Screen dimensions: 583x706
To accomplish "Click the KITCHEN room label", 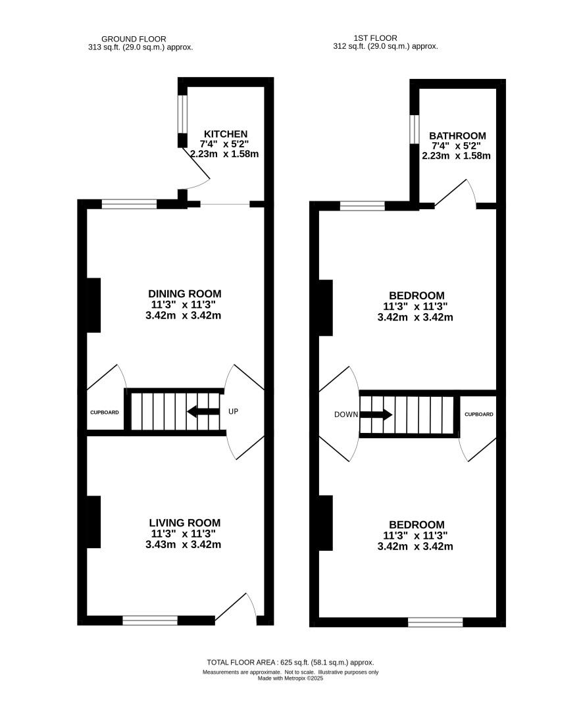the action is click(x=226, y=134).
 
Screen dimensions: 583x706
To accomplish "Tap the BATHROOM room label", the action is click(x=457, y=136).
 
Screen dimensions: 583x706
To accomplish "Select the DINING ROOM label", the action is click(x=185, y=293).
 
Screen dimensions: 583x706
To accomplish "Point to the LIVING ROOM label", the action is click(x=185, y=522).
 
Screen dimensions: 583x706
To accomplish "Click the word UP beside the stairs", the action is click(x=233, y=411).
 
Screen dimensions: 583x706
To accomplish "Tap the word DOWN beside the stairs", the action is click(x=346, y=415).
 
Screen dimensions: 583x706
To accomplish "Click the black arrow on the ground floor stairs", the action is click(x=203, y=411).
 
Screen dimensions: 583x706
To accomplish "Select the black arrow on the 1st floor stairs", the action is click(x=376, y=415).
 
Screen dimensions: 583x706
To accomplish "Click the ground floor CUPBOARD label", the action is click(x=105, y=413).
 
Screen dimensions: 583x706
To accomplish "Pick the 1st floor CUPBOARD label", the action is click(x=479, y=415).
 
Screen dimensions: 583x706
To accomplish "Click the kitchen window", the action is click(x=182, y=114).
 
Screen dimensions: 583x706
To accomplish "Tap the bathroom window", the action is click(x=415, y=129).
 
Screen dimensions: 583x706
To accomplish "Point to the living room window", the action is click(x=151, y=620).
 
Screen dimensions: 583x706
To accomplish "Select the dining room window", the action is click(x=129, y=204).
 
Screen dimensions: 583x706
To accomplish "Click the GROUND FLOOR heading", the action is click(x=134, y=39).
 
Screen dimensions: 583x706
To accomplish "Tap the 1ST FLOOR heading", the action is click(x=376, y=38).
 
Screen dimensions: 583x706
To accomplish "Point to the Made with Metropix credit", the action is click(x=290, y=678).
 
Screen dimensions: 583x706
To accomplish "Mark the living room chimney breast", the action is click(x=93, y=522).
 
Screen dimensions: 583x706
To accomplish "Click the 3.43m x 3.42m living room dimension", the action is click(x=183, y=544).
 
